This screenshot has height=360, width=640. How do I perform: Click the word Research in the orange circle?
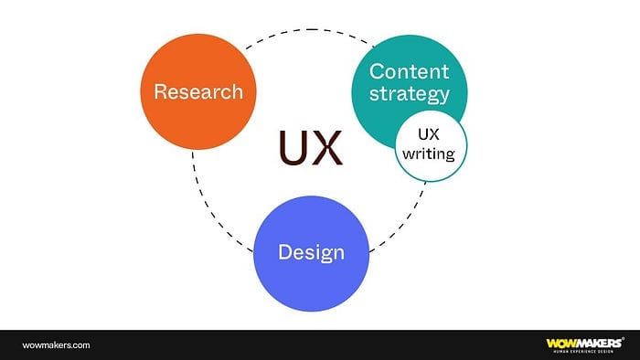pos(198,91)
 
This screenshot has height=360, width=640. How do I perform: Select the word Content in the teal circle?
pos(409,71)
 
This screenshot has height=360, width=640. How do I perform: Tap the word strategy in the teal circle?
pos(410,94)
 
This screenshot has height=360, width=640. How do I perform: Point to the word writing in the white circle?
pos(429,154)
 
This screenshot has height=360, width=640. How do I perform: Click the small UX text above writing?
pos(429,134)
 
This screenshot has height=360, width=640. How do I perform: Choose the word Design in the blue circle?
pos(312,252)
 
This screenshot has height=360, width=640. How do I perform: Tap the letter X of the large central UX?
pos(327,148)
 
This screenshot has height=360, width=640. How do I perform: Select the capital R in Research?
pos(160,91)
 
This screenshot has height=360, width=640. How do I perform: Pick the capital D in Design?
pos(285,251)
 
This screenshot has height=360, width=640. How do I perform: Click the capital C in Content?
pos(377,71)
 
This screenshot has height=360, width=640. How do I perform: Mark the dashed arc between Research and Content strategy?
pos(311,30)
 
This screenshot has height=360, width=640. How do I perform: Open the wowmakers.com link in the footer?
pos(56,344)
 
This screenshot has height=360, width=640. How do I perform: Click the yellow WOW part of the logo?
pos(561,344)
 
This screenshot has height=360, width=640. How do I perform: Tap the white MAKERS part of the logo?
pos(599,343)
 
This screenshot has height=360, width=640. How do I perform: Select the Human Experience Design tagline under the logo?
pos(583,351)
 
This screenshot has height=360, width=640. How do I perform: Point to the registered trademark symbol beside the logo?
pos(623,338)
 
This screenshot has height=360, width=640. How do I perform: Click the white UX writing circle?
pos(431,145)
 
